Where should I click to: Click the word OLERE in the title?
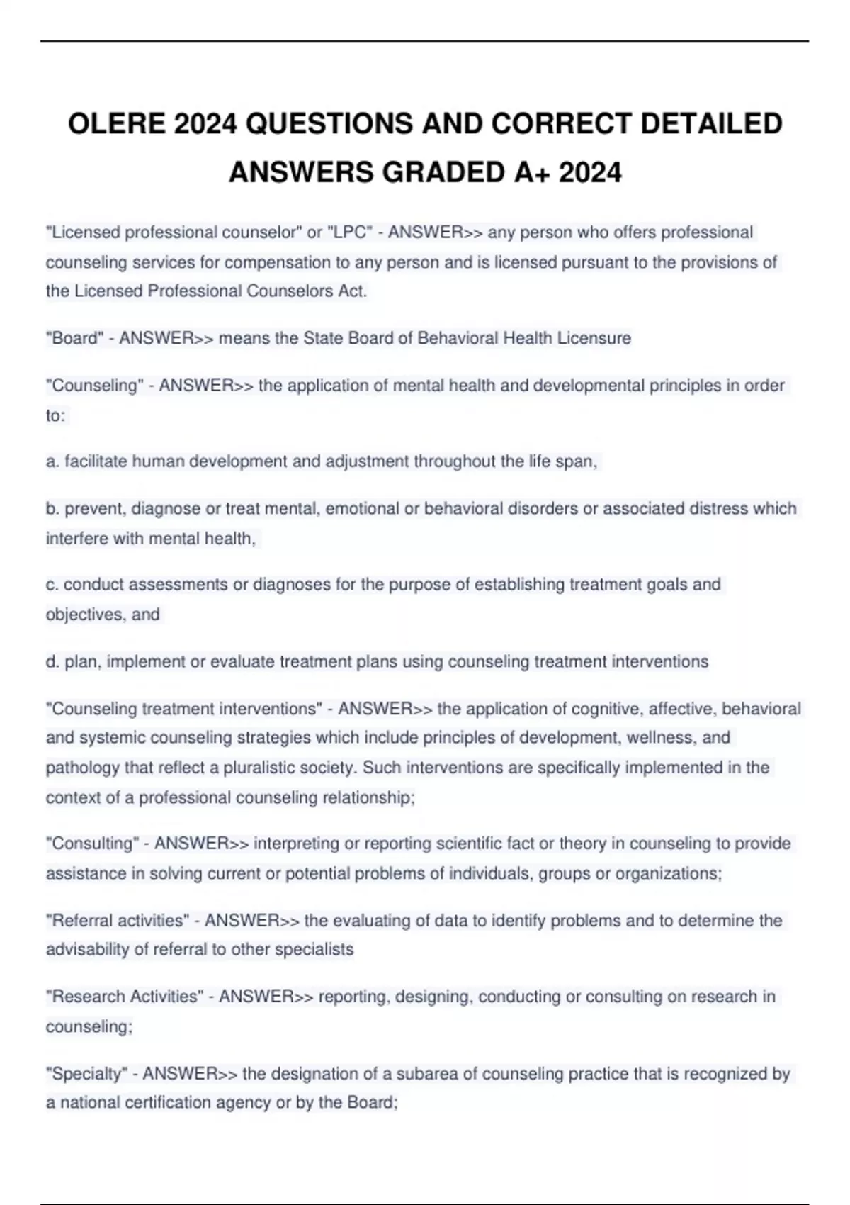pos(116,124)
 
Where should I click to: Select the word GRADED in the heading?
pos(442,172)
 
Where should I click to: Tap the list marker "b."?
pos(52,508)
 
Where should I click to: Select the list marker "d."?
pos(52,661)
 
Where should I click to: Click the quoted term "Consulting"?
pos(92,843)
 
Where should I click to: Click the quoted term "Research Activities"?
pos(125,997)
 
